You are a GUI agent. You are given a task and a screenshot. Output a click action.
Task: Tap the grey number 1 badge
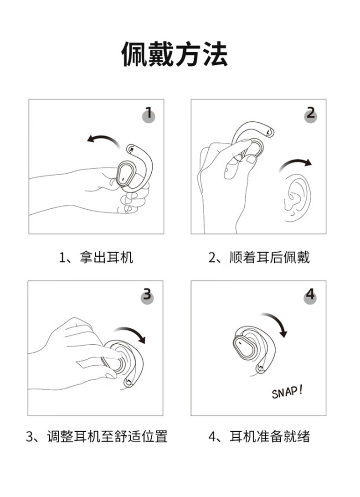(x=148, y=115)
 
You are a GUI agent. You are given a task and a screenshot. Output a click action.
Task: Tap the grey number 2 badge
(x=311, y=114)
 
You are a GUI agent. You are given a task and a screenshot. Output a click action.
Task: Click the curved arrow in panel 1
(x=104, y=139)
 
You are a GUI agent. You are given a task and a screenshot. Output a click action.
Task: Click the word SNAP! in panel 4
(x=287, y=392)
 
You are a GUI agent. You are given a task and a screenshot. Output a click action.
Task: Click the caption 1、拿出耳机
(x=96, y=257)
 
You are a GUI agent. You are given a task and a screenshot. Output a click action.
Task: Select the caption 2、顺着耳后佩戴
(x=259, y=257)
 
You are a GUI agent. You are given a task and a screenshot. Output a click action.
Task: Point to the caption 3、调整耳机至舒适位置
(x=96, y=436)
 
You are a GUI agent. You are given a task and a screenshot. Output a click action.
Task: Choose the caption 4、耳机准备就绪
(x=259, y=436)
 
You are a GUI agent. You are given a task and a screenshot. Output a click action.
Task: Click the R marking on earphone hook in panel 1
(x=132, y=149)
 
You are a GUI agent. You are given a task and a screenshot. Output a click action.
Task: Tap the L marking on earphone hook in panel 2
(x=268, y=131)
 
